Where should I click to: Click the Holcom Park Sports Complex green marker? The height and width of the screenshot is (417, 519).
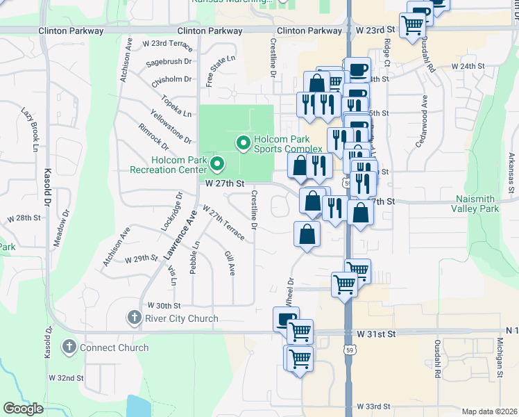point(243,144)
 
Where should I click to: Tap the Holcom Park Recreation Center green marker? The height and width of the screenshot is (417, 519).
point(216,165)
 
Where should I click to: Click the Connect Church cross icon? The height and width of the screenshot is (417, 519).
point(69,347)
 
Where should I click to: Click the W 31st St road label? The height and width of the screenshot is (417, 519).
point(376,334)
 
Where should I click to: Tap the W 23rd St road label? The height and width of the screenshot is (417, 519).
point(375,31)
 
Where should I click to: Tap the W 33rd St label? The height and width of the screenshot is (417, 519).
point(374,406)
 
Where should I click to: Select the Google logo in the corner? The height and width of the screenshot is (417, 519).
point(23,409)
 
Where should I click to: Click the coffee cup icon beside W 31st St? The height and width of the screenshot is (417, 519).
point(286,319)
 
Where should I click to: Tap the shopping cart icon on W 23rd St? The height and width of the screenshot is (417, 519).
point(413,24)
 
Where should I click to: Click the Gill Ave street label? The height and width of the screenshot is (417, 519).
point(230,263)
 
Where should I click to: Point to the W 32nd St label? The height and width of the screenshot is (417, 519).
point(66,378)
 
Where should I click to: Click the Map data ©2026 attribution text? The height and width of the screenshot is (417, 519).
point(489,411)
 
